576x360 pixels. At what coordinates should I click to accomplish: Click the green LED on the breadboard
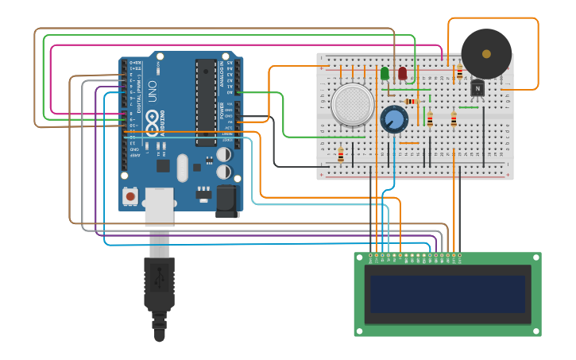point(385,73)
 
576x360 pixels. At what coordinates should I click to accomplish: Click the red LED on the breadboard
point(402,73)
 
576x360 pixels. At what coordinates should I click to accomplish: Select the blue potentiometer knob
point(393,120)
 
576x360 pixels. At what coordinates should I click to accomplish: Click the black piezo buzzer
point(486,53)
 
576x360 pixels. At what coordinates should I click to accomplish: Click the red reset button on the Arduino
point(130,195)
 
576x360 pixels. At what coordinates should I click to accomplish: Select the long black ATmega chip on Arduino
point(205,103)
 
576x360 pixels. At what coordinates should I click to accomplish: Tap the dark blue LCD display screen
point(447,294)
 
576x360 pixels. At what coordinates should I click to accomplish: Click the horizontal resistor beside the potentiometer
point(410,101)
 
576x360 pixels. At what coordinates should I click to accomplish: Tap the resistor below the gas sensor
point(341,154)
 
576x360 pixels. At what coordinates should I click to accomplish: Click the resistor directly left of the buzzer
point(459,72)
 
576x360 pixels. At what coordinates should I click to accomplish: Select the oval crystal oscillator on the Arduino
point(182,168)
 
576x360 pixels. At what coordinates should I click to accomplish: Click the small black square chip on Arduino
point(164,165)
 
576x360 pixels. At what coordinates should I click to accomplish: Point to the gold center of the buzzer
point(486,53)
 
